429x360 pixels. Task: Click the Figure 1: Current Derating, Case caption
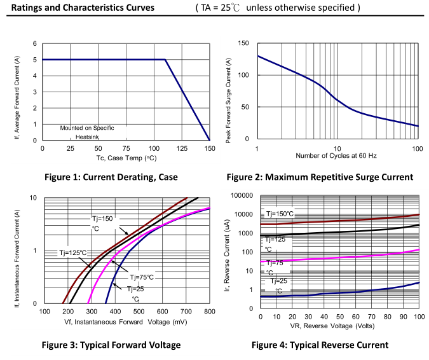click(x=111, y=177)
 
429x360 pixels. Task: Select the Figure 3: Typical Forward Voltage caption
click(x=111, y=345)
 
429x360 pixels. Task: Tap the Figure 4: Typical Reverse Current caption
click(x=320, y=345)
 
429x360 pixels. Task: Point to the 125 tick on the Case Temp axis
click(x=181, y=148)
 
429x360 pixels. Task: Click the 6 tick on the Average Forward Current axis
click(x=36, y=43)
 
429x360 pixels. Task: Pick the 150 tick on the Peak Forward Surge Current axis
click(x=243, y=43)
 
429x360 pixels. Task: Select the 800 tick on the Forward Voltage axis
click(x=209, y=311)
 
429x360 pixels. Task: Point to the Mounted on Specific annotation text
click(x=87, y=128)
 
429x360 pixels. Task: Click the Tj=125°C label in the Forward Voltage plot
click(x=72, y=253)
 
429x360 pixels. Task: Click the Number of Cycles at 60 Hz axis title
click(x=336, y=156)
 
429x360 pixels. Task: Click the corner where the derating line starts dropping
click(x=165, y=60)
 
